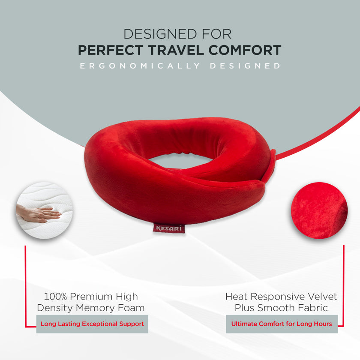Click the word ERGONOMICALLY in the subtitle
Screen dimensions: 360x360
140,66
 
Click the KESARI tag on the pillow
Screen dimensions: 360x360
168,228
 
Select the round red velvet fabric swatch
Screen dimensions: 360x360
319,210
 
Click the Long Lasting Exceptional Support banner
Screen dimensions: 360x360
92,324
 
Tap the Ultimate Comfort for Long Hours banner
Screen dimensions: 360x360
282,324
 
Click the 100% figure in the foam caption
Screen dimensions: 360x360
55,297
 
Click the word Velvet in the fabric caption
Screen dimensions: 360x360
322,297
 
